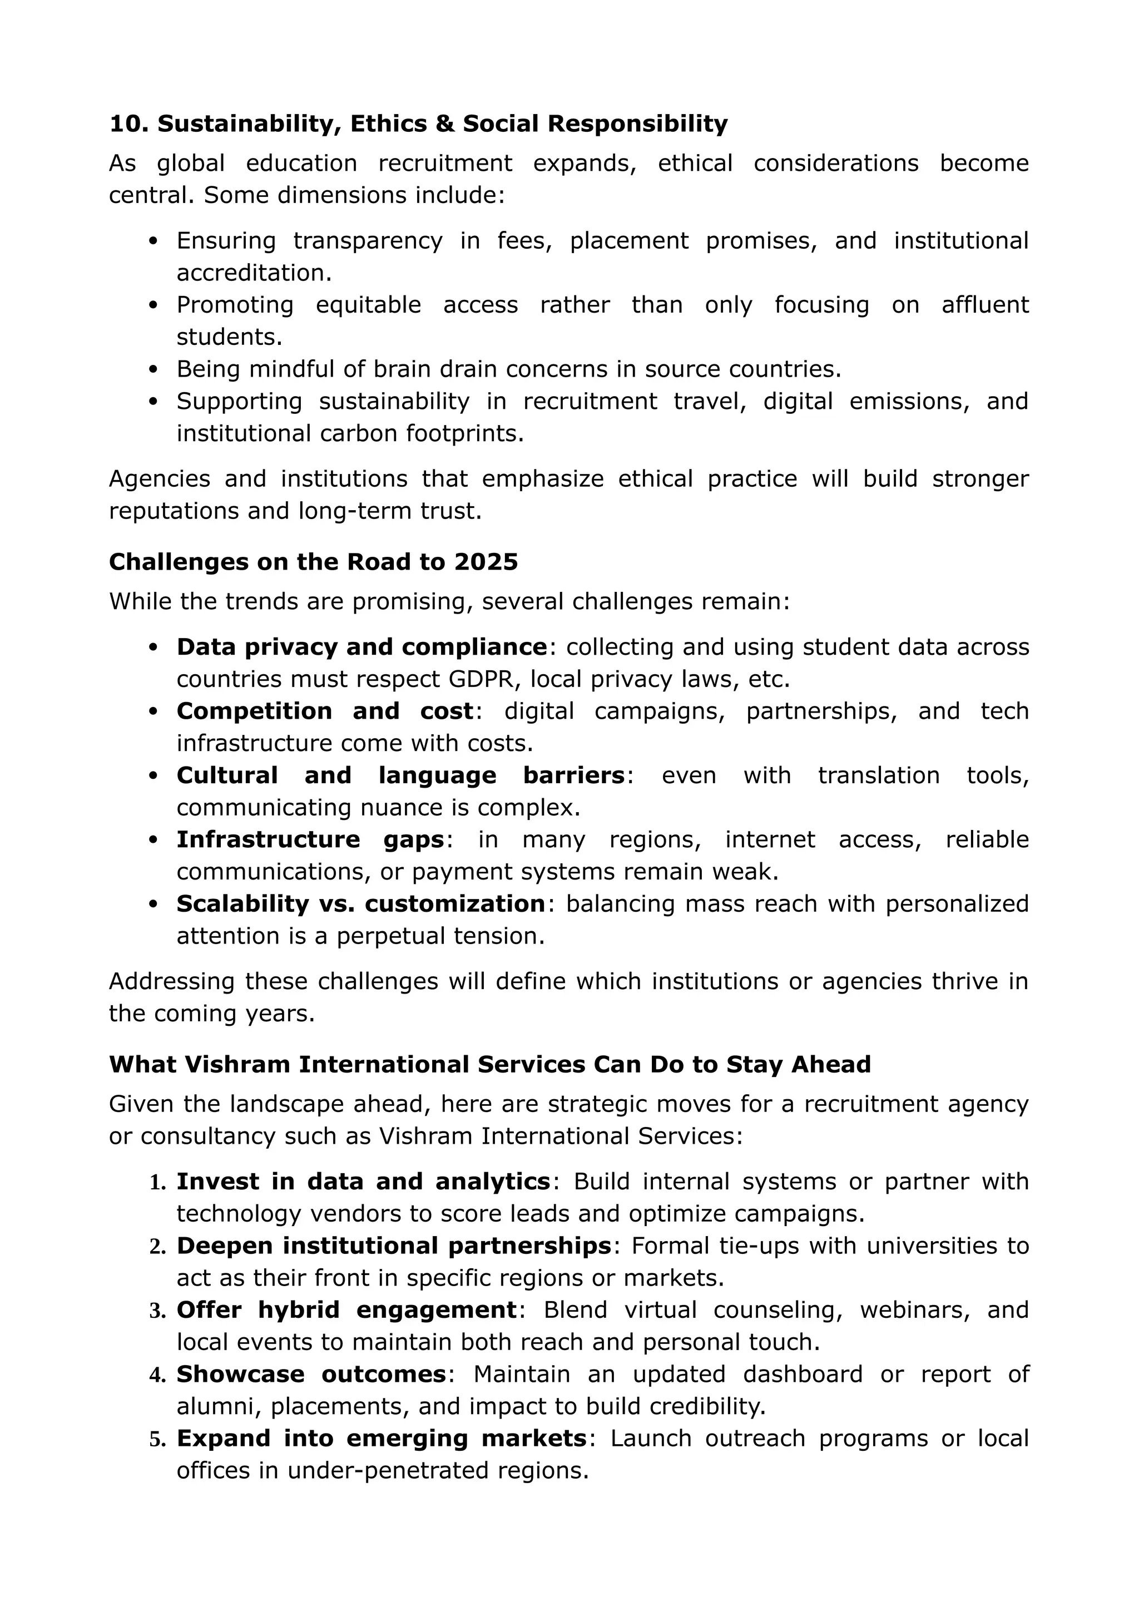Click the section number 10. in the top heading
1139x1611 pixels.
pyautogui.click(x=129, y=123)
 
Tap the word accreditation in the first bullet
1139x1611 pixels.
pyautogui.click(x=253, y=273)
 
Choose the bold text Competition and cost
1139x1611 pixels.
pyautogui.click(x=325, y=711)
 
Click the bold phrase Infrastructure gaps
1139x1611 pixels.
pyautogui.click(x=310, y=839)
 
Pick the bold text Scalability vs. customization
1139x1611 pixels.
pyautogui.click(x=360, y=904)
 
